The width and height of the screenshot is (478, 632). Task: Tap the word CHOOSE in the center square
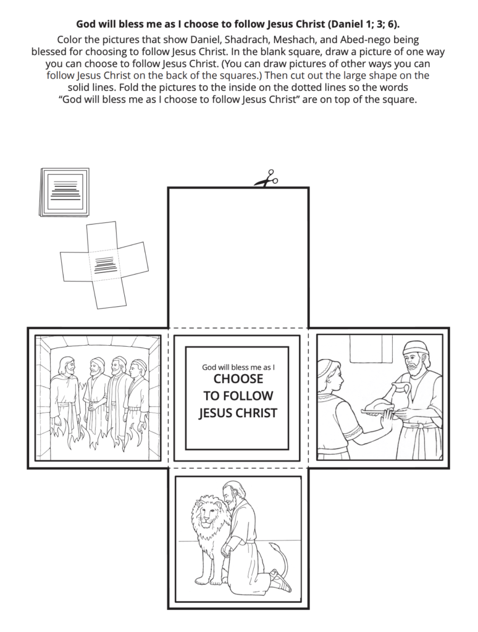238,379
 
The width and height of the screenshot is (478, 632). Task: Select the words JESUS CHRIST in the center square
238,413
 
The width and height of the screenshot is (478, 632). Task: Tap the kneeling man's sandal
280,581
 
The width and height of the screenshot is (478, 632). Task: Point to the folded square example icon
64,191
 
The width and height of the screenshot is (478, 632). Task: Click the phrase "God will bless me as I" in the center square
238,367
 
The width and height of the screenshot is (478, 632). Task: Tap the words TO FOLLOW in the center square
238,396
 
